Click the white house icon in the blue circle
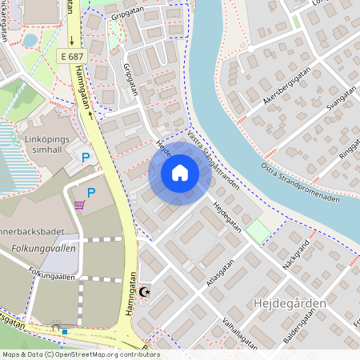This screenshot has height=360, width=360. point(180,173)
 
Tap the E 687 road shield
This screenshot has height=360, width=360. point(72,56)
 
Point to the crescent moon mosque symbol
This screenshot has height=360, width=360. point(145,293)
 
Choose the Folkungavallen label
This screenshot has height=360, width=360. point(43,249)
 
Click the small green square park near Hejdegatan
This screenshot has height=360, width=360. point(257,232)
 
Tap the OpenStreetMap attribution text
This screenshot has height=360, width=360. point(80,354)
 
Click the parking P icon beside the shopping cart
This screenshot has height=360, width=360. point(91,193)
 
